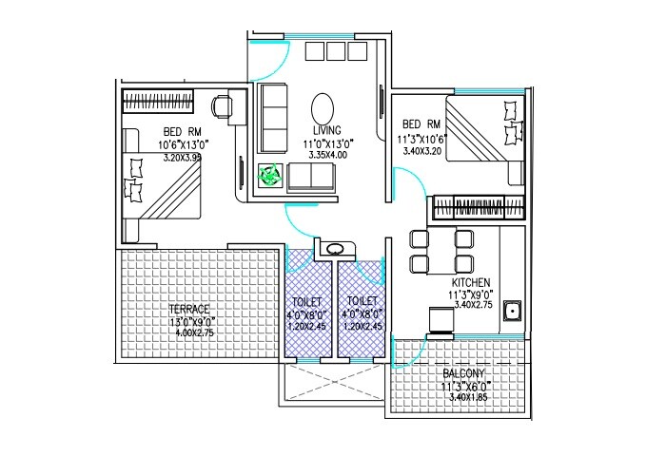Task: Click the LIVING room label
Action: (x=327, y=130)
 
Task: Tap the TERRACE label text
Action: (x=189, y=309)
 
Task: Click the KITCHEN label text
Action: (x=471, y=282)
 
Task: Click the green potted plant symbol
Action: (x=270, y=175)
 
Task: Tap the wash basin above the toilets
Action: (x=336, y=251)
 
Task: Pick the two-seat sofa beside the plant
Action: (x=311, y=177)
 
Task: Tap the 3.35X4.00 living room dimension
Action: (x=327, y=154)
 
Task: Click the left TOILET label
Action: (x=306, y=301)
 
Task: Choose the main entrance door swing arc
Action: (x=267, y=57)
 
